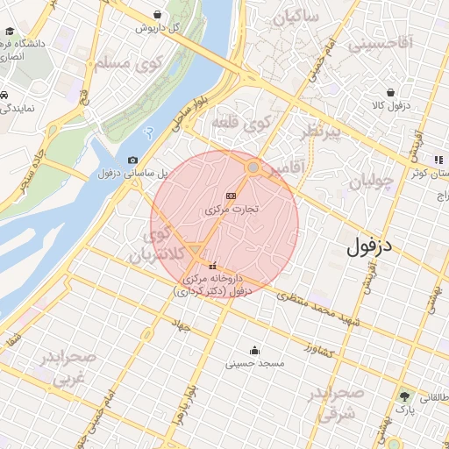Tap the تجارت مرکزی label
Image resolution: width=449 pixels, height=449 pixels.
230,210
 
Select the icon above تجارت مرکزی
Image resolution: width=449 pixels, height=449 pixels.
231,195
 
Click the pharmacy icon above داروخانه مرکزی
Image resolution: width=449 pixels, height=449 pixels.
211,266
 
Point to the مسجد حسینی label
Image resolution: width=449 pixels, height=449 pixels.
254,364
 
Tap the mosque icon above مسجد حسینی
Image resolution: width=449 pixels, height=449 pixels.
254,351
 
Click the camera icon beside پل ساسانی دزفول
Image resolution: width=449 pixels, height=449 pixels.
132,160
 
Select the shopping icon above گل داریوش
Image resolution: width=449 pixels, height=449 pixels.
156,14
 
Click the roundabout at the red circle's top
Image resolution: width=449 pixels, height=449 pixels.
253,167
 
